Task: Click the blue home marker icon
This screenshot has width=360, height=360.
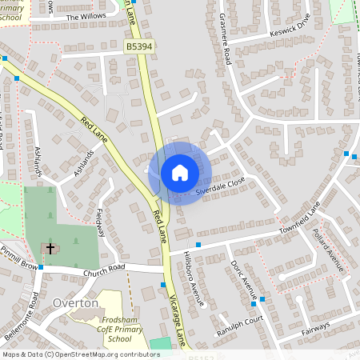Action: pos(180,173)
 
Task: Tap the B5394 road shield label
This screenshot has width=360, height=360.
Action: pos(138,48)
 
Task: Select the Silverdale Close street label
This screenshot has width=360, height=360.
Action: pos(219,186)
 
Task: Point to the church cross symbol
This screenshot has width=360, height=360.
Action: pos(50,249)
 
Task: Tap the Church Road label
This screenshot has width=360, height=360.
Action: pos(105,269)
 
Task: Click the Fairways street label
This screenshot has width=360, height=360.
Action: pos(316,326)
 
